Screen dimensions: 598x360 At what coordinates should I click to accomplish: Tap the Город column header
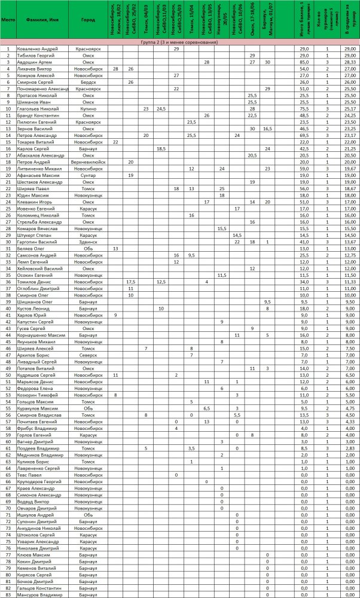tap(88, 20)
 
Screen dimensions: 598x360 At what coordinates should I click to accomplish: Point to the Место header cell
tap(8, 20)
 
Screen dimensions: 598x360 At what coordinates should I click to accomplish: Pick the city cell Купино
tap(88, 109)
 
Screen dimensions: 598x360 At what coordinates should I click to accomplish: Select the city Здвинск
tap(88, 242)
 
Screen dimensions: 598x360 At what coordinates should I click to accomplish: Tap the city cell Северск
tap(88, 355)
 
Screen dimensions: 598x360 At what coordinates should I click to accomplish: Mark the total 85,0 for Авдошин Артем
tap(304, 62)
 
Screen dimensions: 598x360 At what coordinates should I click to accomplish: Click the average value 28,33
tap(349, 62)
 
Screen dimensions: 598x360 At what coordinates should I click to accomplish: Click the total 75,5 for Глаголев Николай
tap(304, 109)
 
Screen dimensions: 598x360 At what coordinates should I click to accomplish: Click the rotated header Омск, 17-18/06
tap(252, 21)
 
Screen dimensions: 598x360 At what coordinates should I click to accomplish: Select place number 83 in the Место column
tap(8, 595)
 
